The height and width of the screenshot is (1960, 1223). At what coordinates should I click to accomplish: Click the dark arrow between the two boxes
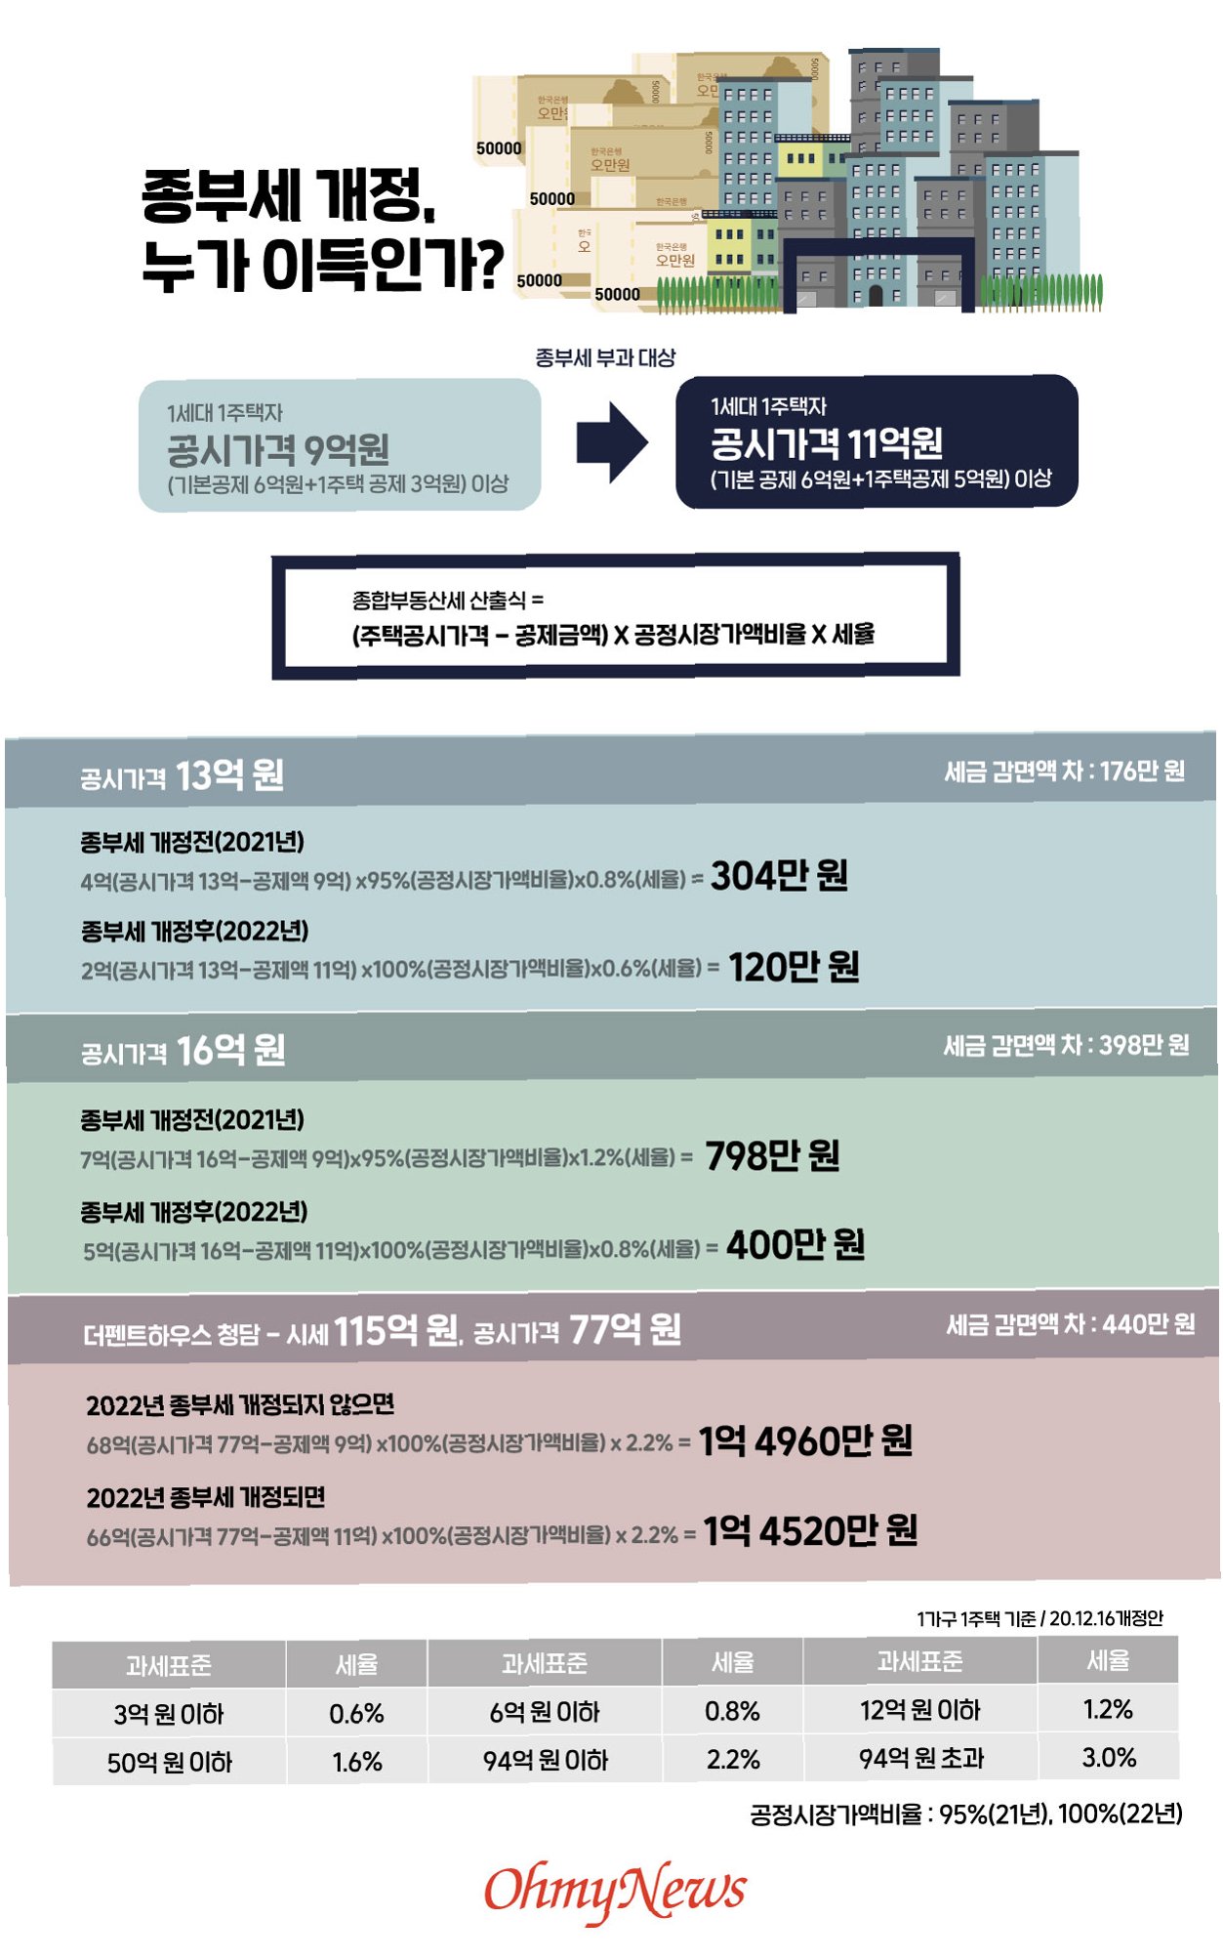[612, 442]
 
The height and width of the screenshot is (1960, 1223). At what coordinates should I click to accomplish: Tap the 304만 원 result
[779, 876]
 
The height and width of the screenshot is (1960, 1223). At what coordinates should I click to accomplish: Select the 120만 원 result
[794, 967]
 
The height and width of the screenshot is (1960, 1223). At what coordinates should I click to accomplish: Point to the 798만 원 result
[772, 1156]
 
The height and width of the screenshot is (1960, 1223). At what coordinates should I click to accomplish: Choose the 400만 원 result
[795, 1245]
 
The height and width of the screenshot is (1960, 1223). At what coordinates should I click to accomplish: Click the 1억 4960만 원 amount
[805, 1441]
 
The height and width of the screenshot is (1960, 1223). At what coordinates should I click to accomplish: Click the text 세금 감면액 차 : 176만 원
[1064, 771]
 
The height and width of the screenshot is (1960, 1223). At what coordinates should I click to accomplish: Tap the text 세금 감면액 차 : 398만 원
[1066, 1046]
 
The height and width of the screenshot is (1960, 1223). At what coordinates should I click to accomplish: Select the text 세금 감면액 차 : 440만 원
[1070, 1324]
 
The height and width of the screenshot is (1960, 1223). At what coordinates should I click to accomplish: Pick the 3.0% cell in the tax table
[1109, 1758]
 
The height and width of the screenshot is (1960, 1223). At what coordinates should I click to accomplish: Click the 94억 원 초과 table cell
[921, 1758]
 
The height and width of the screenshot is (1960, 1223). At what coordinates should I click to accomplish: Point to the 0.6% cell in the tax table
[356, 1713]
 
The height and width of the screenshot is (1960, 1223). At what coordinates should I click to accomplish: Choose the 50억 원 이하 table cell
[170, 1763]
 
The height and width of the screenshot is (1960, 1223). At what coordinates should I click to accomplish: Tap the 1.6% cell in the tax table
[356, 1762]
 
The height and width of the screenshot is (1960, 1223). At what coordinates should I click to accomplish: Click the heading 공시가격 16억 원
[183, 1052]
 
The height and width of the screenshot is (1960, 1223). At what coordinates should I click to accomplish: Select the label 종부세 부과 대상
[605, 358]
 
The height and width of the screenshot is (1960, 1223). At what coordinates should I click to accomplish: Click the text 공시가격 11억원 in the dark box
[826, 444]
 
